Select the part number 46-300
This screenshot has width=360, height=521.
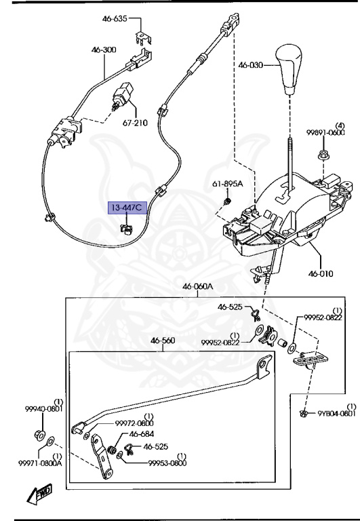coord(104,50)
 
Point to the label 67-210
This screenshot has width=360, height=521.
coord(135,123)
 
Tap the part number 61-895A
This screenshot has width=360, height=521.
coord(228,184)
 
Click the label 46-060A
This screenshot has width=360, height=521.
coord(197,287)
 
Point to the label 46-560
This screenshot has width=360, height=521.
coord(163,341)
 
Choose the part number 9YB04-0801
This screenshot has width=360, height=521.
coord(336,413)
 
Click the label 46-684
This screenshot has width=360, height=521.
coord(141,435)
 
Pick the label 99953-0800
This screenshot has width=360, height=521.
coord(167,463)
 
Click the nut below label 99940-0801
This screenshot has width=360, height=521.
coord(39,434)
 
